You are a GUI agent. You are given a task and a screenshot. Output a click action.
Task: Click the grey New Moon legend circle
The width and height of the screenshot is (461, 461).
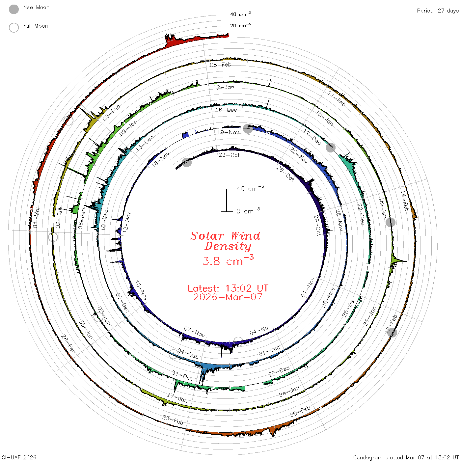pyautogui.click(x=14, y=9)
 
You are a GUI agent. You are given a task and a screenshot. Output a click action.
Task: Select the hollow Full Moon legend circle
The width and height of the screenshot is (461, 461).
pyautogui.click(x=14, y=28)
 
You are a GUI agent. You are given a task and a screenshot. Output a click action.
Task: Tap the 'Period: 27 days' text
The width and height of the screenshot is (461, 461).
pyautogui.click(x=438, y=11)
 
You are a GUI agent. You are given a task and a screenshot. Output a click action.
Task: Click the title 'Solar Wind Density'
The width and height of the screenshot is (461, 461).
pyautogui.click(x=225, y=241)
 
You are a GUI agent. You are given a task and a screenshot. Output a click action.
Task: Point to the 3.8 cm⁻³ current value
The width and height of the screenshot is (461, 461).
pyautogui.click(x=228, y=260)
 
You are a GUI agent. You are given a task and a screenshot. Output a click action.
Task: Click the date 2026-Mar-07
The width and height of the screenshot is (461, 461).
pyautogui.click(x=228, y=297)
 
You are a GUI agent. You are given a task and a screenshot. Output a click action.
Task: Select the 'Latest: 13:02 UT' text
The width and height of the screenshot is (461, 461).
pyautogui.click(x=228, y=288)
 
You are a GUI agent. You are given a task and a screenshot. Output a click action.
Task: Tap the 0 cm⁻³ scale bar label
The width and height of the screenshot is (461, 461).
pyautogui.click(x=248, y=211)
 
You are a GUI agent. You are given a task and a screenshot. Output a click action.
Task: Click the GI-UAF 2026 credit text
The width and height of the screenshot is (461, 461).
pyautogui.click(x=19, y=457)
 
